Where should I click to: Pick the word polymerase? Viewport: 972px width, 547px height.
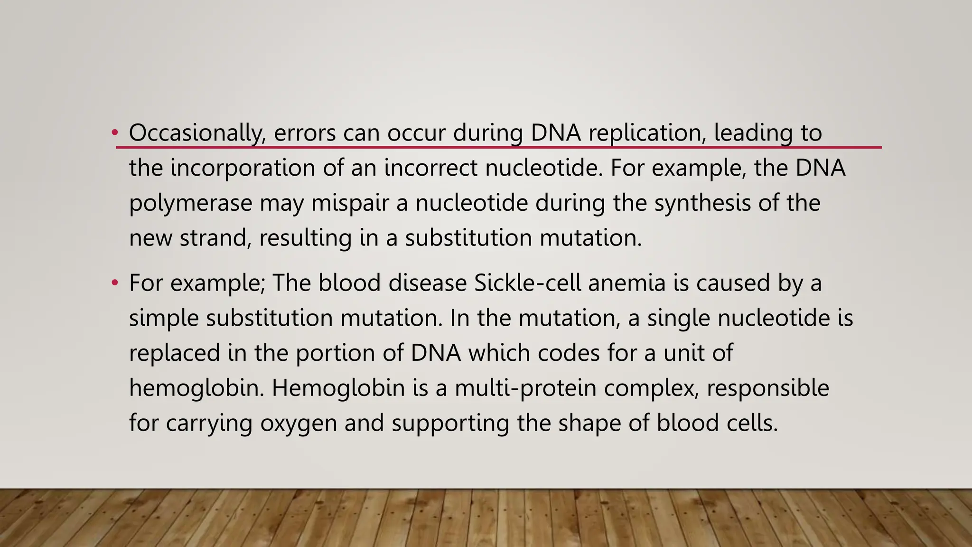[190, 203]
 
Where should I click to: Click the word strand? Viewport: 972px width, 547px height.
[215, 238]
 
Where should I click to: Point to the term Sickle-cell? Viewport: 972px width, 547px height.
[527, 283]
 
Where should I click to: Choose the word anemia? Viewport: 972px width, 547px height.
[627, 283]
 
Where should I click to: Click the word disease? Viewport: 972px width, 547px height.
[428, 283]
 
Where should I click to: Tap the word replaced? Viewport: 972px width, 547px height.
[175, 353]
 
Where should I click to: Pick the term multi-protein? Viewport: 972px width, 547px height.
[525, 388]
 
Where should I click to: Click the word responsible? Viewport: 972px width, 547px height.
[767, 388]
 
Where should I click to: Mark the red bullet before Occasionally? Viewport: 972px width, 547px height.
[114, 133]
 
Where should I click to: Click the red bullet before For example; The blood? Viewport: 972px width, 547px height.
[114, 283]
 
